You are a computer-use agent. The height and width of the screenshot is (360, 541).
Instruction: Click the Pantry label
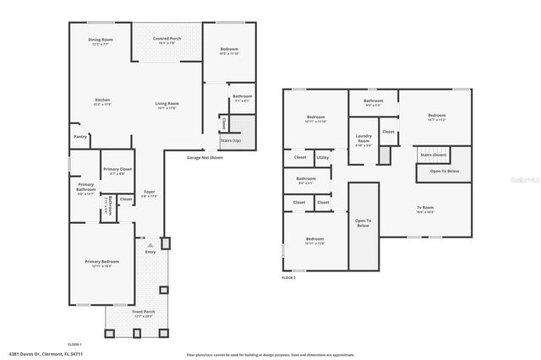pos(80,136)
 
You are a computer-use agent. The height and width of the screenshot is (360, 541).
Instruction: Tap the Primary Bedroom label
pos(101,263)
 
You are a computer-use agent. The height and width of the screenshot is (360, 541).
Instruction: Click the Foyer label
pos(149,194)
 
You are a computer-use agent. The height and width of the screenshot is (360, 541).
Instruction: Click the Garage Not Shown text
pos(205,157)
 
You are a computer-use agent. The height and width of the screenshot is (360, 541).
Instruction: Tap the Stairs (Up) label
pos(230,140)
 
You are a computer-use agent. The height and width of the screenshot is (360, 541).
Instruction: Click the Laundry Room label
pos(363,139)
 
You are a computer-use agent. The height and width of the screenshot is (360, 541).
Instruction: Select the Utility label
pos(323,157)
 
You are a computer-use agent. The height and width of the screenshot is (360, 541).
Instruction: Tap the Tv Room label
pos(424,209)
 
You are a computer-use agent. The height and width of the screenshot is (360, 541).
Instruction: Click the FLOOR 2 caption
pos(290,277)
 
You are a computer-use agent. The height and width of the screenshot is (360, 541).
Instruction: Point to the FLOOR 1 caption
pos(74,344)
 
